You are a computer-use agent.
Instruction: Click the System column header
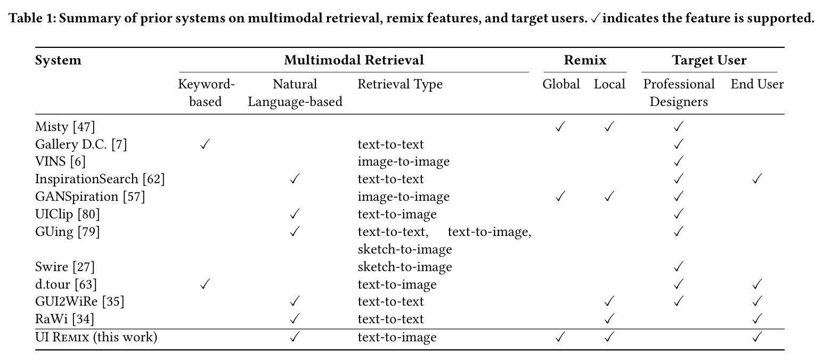(x=58, y=60)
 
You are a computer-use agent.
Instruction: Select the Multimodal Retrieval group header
(x=354, y=60)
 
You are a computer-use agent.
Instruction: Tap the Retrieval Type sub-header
(x=400, y=85)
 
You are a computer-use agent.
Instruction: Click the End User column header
(x=757, y=84)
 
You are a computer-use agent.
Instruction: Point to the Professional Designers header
(x=679, y=93)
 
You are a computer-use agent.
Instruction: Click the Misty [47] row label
(x=65, y=127)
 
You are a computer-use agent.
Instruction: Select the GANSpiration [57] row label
(x=90, y=197)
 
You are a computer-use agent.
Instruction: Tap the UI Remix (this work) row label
(x=96, y=337)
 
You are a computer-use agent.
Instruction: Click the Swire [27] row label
(x=64, y=267)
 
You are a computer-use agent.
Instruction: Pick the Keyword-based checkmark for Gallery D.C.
(x=205, y=144)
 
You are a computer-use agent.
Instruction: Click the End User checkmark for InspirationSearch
(x=757, y=179)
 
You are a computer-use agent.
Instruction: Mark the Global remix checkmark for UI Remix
(x=559, y=337)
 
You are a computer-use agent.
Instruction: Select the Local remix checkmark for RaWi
(x=609, y=319)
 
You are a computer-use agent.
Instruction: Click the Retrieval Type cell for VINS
(x=403, y=162)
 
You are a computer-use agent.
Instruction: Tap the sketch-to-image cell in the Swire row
(x=404, y=267)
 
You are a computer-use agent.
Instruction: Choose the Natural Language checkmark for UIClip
(x=294, y=214)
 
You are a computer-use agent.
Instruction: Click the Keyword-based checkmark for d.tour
(x=205, y=284)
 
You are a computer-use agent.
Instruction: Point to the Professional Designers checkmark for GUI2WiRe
(x=678, y=301)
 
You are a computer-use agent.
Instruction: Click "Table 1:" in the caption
(x=32, y=18)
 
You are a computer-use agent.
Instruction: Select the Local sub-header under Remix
(x=609, y=84)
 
